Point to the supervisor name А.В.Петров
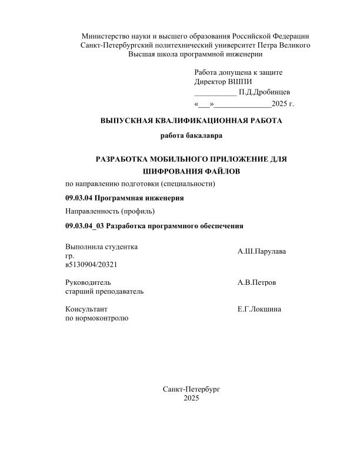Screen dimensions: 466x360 coord(256,283)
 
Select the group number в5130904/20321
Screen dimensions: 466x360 coord(91,265)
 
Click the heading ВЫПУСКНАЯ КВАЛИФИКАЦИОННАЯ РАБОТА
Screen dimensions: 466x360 coord(191,121)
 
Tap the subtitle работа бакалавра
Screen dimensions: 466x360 coord(191,137)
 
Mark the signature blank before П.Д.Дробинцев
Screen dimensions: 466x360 coord(215,93)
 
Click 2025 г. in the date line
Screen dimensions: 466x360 coord(283,104)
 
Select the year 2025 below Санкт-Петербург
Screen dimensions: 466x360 coord(191,398)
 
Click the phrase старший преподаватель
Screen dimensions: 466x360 coord(104,291)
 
